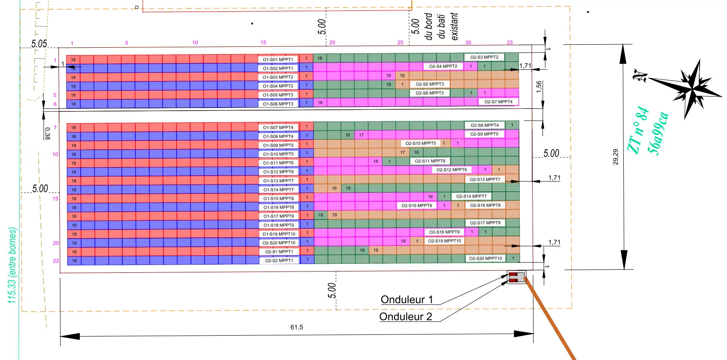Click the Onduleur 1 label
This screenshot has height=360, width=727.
[x=407, y=299]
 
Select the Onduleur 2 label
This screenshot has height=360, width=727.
[x=406, y=317]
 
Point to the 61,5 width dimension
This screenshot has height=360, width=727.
[x=297, y=327]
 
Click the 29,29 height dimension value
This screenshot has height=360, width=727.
[x=616, y=157]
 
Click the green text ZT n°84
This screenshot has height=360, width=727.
[x=638, y=130]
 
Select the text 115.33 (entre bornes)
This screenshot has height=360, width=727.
[x=12, y=265]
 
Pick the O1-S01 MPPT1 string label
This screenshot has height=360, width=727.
[x=278, y=59]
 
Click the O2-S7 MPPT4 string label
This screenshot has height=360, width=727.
[x=498, y=101]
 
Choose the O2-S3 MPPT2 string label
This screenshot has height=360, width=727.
[x=484, y=57]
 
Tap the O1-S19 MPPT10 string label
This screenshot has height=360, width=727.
[x=279, y=234]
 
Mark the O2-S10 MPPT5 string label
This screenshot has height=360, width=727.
[x=421, y=143]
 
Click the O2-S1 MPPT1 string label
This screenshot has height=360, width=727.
[x=279, y=252]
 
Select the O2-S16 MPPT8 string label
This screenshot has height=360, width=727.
[x=485, y=205]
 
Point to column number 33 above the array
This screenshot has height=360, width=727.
[x=510, y=43]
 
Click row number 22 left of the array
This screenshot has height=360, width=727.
[x=56, y=261]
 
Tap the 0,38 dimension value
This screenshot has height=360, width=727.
[x=47, y=134]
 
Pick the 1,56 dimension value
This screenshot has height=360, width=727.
[x=539, y=87]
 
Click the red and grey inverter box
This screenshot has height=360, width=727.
[x=516, y=277]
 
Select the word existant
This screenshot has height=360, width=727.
[x=454, y=26]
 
